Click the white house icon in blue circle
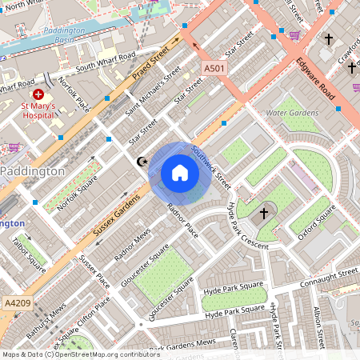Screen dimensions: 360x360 click(180, 173)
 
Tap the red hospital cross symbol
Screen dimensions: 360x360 click(38, 94)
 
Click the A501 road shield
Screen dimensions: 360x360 click(214, 69)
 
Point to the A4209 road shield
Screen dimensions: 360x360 click(15, 303)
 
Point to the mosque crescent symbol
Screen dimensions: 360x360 click(143, 162)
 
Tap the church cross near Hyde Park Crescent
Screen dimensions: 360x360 click(265, 214)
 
